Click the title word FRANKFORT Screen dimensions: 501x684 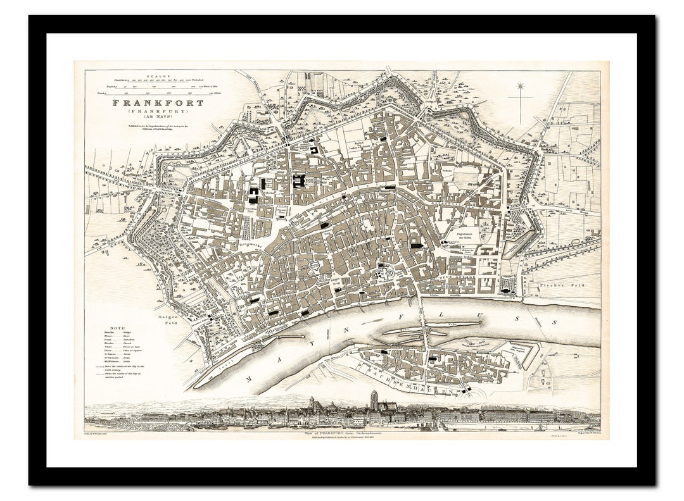tap(158, 102)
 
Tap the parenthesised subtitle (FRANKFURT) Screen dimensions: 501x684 tap(158, 111)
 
